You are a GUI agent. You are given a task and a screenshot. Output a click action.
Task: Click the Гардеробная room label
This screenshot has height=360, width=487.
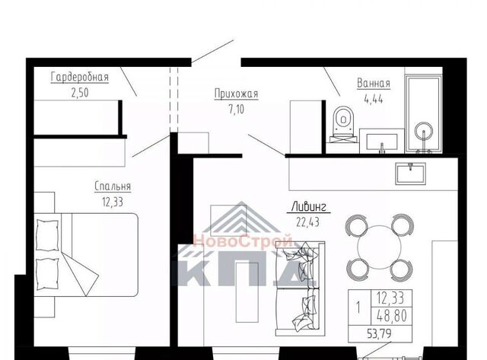[x=80, y=78]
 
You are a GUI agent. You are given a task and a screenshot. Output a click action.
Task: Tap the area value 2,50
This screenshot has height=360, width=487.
[x=80, y=93]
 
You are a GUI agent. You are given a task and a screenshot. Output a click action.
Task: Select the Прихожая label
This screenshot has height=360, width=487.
[x=237, y=94]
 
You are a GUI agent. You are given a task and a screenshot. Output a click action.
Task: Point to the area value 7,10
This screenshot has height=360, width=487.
[x=237, y=110]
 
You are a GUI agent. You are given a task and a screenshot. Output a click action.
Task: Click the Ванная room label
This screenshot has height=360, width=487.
[x=374, y=84]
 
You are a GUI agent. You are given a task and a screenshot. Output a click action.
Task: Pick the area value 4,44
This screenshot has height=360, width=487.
[x=374, y=99]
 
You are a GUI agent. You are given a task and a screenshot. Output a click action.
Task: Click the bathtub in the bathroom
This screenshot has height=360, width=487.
[x=423, y=113]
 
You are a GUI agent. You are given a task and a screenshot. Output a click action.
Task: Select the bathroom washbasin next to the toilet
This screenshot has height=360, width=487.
[x=382, y=142]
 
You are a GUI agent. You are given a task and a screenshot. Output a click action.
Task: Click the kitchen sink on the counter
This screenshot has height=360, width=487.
[x=410, y=174]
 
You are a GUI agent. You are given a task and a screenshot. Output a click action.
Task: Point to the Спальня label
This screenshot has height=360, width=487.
[x=113, y=186]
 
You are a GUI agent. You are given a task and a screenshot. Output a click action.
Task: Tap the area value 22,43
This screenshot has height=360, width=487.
[x=307, y=222]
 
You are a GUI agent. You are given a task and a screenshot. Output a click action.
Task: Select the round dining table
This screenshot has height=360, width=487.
[x=379, y=247]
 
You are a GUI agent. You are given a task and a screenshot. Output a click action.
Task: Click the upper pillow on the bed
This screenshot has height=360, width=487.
[x=47, y=235]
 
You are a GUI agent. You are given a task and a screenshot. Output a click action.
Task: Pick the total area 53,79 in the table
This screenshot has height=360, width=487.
[x=379, y=334]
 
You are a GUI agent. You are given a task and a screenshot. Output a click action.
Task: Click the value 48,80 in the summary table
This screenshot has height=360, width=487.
[x=392, y=317]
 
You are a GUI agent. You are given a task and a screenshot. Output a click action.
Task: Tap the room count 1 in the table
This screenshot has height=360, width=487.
[x=358, y=307]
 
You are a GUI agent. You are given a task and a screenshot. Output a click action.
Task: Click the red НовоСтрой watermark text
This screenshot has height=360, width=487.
[x=243, y=241]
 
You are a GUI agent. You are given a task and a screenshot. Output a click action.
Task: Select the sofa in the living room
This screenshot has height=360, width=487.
[x=300, y=288]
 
